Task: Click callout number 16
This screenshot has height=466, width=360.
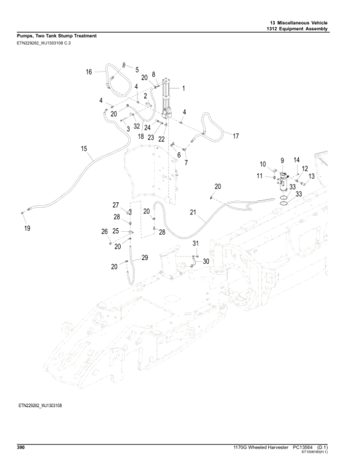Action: click(88, 72)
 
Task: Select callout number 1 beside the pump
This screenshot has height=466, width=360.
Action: click(183, 88)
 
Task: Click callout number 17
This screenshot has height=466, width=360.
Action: click(236, 136)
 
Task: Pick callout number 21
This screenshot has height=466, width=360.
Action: click(193, 212)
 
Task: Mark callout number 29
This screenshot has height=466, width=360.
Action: click(144, 258)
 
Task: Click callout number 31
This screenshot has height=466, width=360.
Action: click(195, 243)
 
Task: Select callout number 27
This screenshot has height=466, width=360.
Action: click(116, 205)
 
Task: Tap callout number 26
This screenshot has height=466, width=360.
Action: click(104, 231)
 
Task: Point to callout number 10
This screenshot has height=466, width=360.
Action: click(262, 164)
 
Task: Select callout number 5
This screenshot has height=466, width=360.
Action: click(136, 70)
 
